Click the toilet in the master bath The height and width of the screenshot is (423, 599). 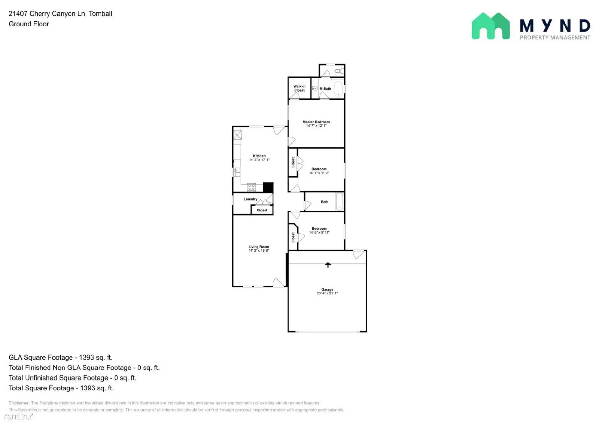point(338,71)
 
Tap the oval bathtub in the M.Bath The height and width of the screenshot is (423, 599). point(338,89)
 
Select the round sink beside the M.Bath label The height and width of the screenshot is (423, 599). point(315,88)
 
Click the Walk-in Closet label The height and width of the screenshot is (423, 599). point(299,88)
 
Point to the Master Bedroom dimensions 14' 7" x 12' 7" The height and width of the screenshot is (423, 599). point(316,126)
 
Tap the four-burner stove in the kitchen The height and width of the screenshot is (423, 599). point(251,187)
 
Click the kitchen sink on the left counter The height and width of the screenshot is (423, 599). point(237,172)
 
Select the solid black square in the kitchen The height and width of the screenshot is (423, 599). point(268,187)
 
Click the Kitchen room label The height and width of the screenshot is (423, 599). point(259,156)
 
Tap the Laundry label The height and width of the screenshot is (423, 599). point(250,199)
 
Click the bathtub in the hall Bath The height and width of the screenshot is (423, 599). point(339,202)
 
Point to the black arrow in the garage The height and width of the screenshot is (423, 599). point(328,265)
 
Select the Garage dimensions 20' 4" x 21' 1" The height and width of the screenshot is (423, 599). point(327,293)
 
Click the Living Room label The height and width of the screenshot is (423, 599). point(259,247)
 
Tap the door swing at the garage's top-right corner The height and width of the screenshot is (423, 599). point(359,254)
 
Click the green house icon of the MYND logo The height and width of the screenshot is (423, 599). point(490,26)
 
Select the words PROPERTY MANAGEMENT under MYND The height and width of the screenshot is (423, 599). point(555,37)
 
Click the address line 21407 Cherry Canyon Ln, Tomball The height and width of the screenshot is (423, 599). point(60,14)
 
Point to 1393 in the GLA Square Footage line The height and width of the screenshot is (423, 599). point(86,358)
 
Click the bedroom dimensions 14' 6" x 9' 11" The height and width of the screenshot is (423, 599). point(319,233)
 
